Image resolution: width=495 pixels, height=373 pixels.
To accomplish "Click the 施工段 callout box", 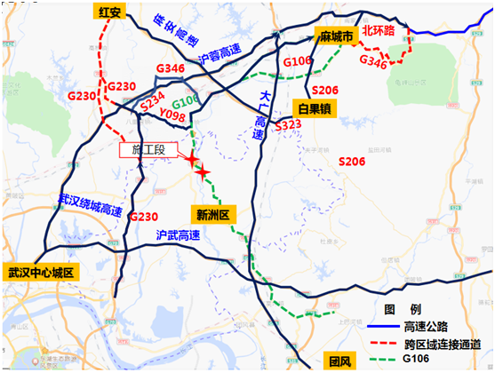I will coord(148,150).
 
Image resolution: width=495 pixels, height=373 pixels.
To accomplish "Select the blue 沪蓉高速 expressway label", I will coord(221,56).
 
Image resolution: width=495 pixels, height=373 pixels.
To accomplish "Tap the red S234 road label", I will coord(151,103).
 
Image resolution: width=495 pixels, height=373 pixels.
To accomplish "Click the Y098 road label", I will coord(172,117).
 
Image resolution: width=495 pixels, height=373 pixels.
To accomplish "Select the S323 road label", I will coord(289,127).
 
